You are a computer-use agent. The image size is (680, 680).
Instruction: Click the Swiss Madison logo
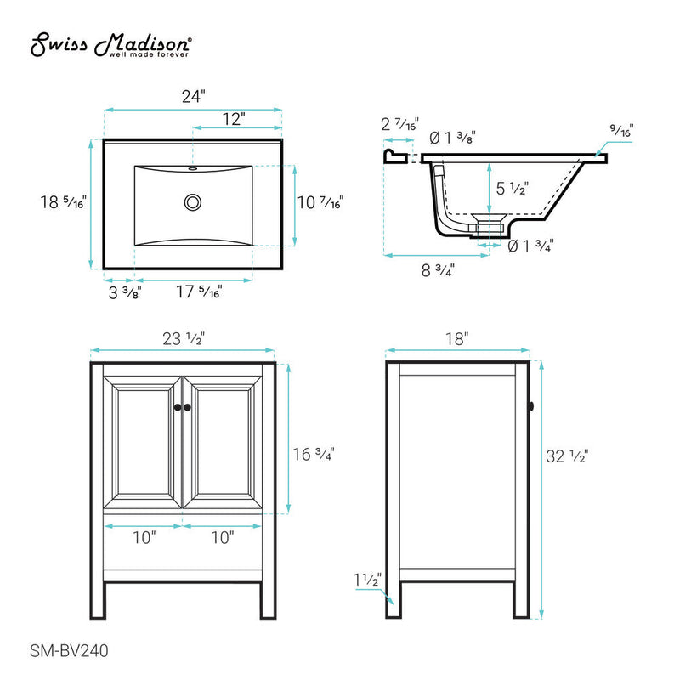pyautogui.click(x=110, y=47)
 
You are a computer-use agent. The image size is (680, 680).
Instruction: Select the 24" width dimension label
pyautogui.click(x=192, y=96)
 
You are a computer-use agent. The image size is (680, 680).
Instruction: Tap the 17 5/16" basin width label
pyautogui.click(x=198, y=293)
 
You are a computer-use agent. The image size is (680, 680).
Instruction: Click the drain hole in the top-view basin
pyautogui.click(x=193, y=203)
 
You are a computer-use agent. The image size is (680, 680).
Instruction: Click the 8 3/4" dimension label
pyautogui.click(x=438, y=271)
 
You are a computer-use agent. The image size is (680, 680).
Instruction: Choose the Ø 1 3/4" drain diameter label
pyautogui.click(x=531, y=247)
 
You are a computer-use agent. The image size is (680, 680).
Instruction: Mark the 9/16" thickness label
pyautogui.click(x=621, y=132)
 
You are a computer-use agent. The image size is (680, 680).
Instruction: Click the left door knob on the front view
pyautogui.click(x=178, y=409)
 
